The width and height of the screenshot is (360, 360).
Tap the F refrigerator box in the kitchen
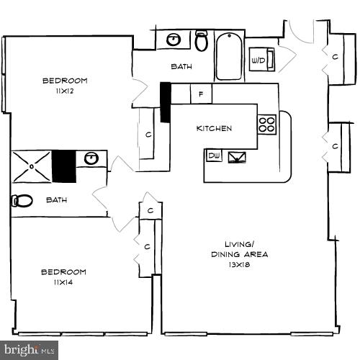pyautogui.click(x=201, y=94)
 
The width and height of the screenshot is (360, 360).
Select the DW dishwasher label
pyautogui.click(x=214, y=156)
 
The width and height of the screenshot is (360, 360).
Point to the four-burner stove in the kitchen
pyautogui.click(x=266, y=124)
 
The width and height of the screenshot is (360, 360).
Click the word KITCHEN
pyautogui.click(x=214, y=129)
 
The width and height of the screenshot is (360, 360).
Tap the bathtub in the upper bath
pyautogui.click(x=230, y=55)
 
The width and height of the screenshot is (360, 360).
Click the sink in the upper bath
pyautogui.click(x=174, y=40)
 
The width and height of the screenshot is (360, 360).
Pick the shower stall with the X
pyautogui.click(x=31, y=166)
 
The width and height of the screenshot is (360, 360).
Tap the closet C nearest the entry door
pyautogui.click(x=335, y=55)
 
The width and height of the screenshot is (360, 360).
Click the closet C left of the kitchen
pyautogui.click(x=148, y=134)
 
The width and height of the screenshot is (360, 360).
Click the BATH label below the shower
pyautogui.click(x=57, y=199)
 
